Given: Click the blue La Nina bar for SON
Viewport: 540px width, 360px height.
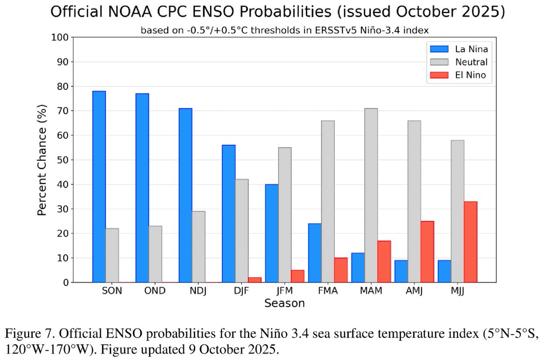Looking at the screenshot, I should pyautogui.click(x=99, y=187).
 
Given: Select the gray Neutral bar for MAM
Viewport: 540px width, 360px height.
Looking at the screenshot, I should pyautogui.click(x=371, y=195).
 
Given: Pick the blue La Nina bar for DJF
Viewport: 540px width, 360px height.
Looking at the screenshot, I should pyautogui.click(x=229, y=214).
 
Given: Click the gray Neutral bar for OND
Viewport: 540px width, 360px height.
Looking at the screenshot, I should pyautogui.click(x=155, y=254).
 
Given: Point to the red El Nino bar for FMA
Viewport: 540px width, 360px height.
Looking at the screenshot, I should pyautogui.click(x=341, y=270).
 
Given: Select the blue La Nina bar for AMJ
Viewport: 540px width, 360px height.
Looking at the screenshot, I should pyautogui.click(x=401, y=271).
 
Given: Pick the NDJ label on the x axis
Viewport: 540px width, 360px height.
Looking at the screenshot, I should pyautogui.click(x=198, y=291).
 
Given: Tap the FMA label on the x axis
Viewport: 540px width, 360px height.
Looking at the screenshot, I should pyautogui.click(x=328, y=291).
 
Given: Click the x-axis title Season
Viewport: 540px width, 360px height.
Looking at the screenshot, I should pyautogui.click(x=284, y=303).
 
